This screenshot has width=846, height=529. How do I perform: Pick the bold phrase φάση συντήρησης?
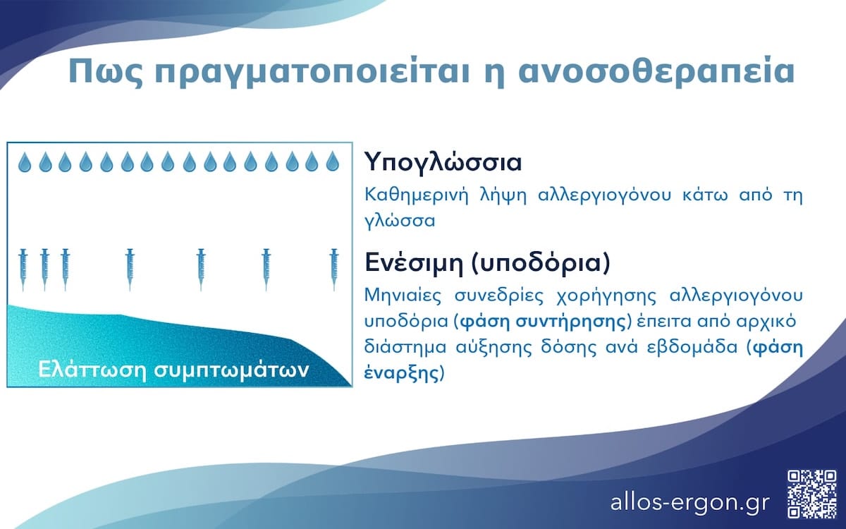pos(541,322)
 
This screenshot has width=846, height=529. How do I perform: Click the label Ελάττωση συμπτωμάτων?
pos(173,370)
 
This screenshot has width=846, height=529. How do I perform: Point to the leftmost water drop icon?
pos(25,163)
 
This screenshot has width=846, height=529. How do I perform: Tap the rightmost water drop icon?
pos(333,163)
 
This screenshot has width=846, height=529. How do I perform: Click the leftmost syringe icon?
pos(23,269)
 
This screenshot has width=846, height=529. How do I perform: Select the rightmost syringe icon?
pos(333,269)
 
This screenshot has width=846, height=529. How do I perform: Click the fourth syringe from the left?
pos(129,269)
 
